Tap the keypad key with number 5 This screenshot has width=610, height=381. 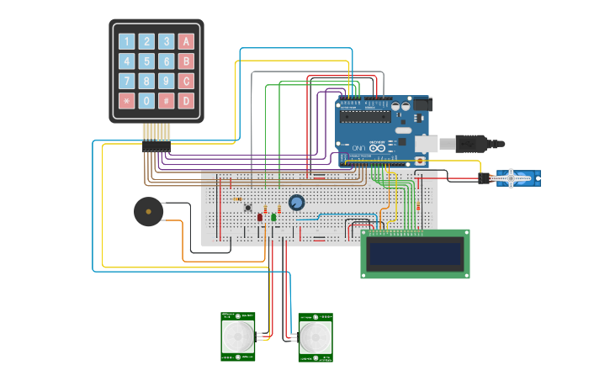point(146,61)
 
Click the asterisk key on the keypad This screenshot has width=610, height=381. point(126,101)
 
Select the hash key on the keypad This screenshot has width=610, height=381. point(167,101)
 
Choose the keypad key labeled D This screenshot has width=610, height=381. point(186,101)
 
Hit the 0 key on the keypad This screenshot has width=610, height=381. point(146,101)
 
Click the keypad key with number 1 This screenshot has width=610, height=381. point(126,41)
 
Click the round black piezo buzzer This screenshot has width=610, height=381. point(148,211)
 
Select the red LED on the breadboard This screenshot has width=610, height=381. point(260,217)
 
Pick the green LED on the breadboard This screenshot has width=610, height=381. point(273,217)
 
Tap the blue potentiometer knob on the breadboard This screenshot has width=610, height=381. point(296,203)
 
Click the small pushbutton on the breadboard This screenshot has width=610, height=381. point(247,207)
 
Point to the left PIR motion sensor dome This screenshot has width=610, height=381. point(238,337)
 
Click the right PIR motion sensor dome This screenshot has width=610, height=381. point(316,338)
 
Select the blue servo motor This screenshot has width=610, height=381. point(516,177)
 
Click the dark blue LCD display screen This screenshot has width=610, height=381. point(415,253)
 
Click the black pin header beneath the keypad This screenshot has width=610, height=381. point(156,146)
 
